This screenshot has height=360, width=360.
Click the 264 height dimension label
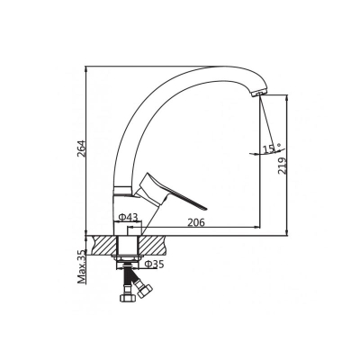tap(81, 148)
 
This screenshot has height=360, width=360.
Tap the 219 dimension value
tap(283, 166)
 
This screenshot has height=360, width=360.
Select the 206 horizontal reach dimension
tap(196, 222)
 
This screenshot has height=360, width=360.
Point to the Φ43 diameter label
tap(128, 217)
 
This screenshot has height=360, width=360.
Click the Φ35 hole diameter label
tap(154, 264)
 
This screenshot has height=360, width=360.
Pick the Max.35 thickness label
tap(81, 267)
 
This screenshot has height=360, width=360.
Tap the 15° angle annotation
tap(272, 148)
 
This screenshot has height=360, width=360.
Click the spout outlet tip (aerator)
tap(257, 93)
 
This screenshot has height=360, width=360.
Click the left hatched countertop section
tap(104, 246)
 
